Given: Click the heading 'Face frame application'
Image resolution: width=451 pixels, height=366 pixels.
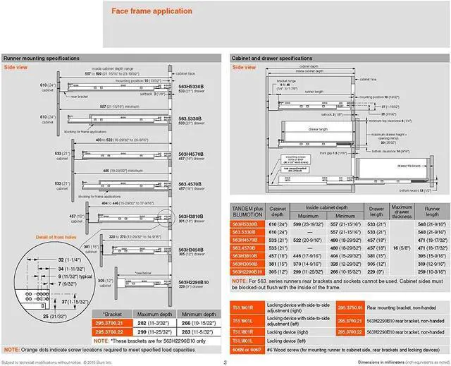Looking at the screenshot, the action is pos(152,11).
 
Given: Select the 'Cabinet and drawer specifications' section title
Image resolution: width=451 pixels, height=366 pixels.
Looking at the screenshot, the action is pos(271,59).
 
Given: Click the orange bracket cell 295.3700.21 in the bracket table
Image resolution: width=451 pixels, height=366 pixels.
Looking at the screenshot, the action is pos(111,323).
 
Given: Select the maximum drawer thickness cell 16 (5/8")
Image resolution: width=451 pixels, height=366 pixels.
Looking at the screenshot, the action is pos(401,248).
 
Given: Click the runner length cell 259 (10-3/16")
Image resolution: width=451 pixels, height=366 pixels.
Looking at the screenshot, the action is pos(430,272).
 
